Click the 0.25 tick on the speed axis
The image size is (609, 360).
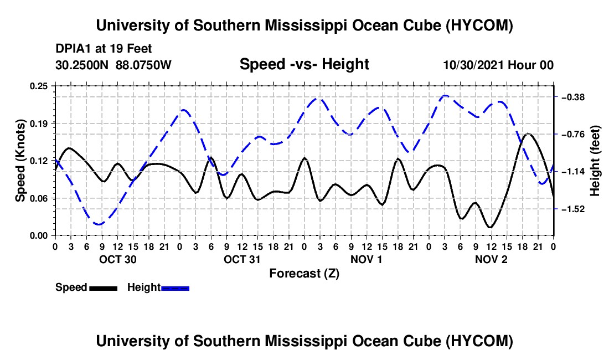(38, 86)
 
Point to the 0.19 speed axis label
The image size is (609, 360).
(38, 124)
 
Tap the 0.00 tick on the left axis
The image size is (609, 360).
(38, 236)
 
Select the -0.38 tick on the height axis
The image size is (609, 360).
(573, 97)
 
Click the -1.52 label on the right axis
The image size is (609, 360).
(573, 209)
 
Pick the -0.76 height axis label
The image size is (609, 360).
(573, 135)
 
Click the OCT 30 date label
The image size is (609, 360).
(118, 259)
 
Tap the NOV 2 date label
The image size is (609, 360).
(491, 259)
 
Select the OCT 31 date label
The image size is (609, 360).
(242, 259)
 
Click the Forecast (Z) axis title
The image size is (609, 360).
(304, 274)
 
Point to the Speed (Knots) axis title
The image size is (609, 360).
(20, 161)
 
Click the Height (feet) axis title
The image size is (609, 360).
(595, 161)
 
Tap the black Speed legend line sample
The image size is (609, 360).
(104, 288)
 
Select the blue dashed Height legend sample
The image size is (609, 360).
(175, 288)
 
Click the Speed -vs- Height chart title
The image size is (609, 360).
(304, 64)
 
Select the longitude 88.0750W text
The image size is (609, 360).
(143, 65)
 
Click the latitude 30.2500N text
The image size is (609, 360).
(81, 65)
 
